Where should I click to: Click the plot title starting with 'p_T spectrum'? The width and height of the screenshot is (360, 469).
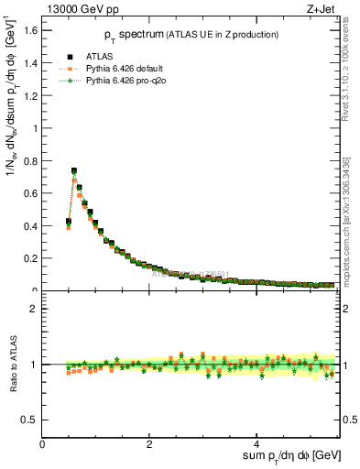(x=191, y=35)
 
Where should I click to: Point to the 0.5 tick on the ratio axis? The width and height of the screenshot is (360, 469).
(x=31, y=420)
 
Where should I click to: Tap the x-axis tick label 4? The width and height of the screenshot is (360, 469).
(x=257, y=443)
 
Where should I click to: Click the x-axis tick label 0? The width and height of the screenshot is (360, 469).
(x=43, y=443)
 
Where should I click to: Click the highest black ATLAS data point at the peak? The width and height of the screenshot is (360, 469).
(x=74, y=170)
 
